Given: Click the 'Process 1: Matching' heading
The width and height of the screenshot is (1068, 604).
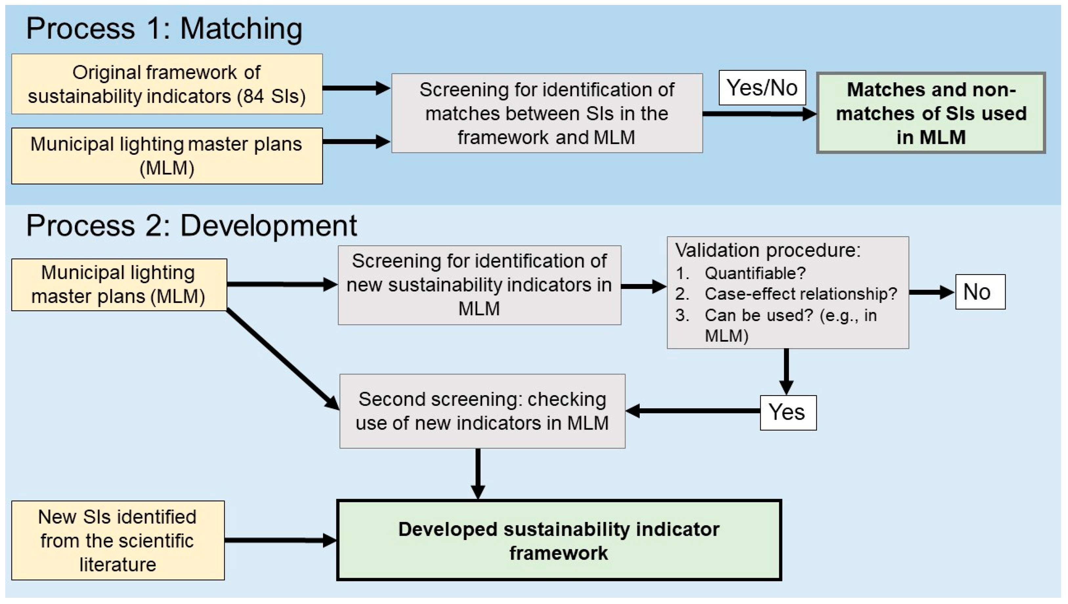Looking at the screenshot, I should coord(164,29).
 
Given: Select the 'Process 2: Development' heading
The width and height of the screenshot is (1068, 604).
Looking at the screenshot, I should coord(191,226).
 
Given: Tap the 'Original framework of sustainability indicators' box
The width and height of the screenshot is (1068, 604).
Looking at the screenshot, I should coord(167,84).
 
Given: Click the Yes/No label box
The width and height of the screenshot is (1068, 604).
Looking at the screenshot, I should coord(762,88).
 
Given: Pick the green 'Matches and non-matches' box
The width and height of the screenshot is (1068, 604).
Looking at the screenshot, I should coord(930,113).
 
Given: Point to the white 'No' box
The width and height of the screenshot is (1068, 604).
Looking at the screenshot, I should coord(980,292).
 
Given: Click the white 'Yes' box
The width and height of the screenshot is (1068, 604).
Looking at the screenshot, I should coord(788,413).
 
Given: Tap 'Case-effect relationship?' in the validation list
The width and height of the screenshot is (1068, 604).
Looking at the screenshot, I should coord(800,294).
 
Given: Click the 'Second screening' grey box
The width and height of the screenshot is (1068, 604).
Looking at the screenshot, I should coord(482,411).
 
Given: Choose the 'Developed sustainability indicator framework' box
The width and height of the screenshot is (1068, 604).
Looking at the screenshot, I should coord(559,540).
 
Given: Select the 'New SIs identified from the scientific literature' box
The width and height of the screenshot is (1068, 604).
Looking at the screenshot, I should coord(118,540).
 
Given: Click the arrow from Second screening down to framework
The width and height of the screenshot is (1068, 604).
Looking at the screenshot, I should coord(478,473).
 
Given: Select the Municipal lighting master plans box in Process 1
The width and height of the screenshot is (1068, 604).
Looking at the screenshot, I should coord(167,156).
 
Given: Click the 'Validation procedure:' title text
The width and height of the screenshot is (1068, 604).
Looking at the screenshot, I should coord(767,251).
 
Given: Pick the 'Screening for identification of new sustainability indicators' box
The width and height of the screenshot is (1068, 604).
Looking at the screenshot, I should coord(479,285).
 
